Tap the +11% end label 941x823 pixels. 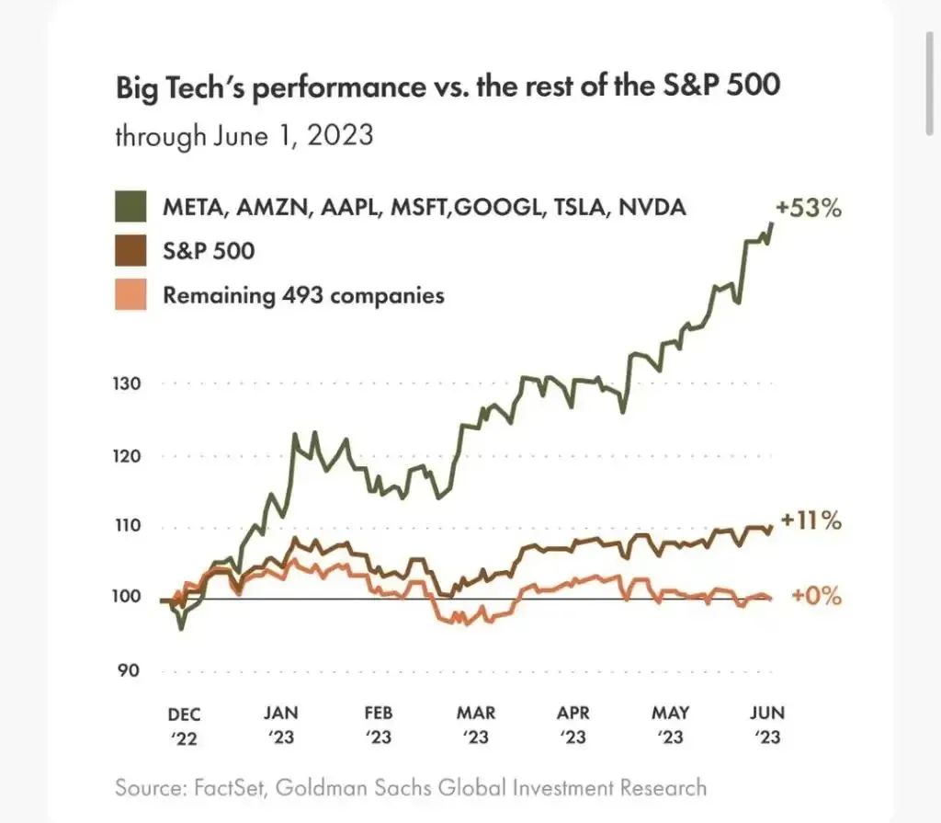[811, 521]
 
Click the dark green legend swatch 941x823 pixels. [132, 207]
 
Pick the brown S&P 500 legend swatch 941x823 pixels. [132, 251]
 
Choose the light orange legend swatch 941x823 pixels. [132, 295]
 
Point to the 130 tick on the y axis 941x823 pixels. [130, 383]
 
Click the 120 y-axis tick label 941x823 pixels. [130, 456]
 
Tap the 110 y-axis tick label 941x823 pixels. [130, 527]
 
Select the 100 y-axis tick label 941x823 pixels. [130, 597]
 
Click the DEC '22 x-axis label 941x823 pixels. [184, 725]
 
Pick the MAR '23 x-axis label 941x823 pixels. [476, 725]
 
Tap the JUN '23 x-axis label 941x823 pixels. [768, 725]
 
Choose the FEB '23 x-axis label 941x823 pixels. [379, 725]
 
